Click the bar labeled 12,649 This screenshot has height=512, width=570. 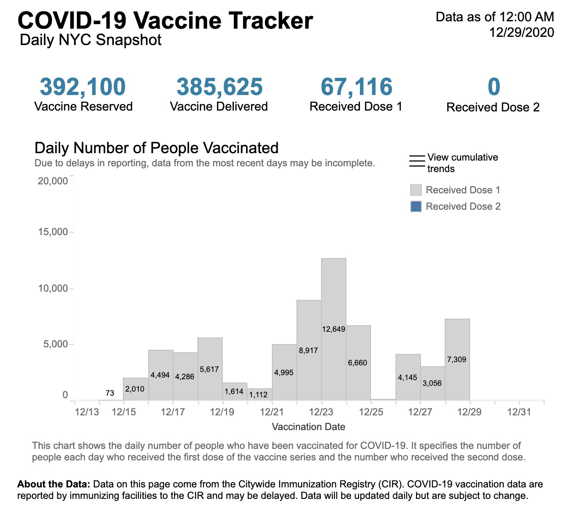334,295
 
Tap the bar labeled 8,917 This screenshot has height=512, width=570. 309,328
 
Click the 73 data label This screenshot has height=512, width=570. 110,393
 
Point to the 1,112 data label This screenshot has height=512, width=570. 258,395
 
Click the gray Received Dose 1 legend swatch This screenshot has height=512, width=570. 416,190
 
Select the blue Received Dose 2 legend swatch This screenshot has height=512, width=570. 416,206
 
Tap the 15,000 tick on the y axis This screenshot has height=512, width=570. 53,232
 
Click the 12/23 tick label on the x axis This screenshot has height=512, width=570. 321,412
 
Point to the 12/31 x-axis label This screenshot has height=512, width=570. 519,412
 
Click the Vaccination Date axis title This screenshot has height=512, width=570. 308,427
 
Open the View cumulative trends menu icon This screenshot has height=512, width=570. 417,161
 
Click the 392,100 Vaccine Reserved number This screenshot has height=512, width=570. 83,87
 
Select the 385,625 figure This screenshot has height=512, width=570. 219,87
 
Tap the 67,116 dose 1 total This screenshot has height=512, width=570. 356,87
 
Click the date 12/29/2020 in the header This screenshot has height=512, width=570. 522,32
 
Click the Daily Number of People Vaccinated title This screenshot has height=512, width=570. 156,148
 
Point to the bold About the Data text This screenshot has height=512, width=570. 53,484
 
